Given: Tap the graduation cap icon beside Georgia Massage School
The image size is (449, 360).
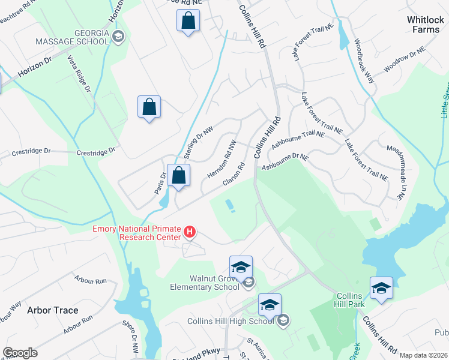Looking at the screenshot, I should (118, 37).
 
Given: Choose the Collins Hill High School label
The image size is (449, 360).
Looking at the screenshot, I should (231, 321).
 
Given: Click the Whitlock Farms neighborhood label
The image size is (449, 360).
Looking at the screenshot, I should (426, 25).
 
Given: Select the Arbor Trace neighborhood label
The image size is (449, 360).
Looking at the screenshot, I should (53, 310).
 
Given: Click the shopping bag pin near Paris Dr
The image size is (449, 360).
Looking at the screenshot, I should (179, 176).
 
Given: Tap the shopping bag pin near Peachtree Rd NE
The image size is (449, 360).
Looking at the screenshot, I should (188, 20).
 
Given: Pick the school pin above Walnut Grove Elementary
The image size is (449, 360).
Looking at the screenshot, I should (241, 267).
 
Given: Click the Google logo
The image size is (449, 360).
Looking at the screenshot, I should (20, 353).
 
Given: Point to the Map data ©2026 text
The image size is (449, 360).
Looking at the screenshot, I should (423, 355).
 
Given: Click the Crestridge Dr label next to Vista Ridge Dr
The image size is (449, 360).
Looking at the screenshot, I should (96, 152).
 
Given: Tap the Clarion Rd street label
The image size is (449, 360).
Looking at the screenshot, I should (234, 174).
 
